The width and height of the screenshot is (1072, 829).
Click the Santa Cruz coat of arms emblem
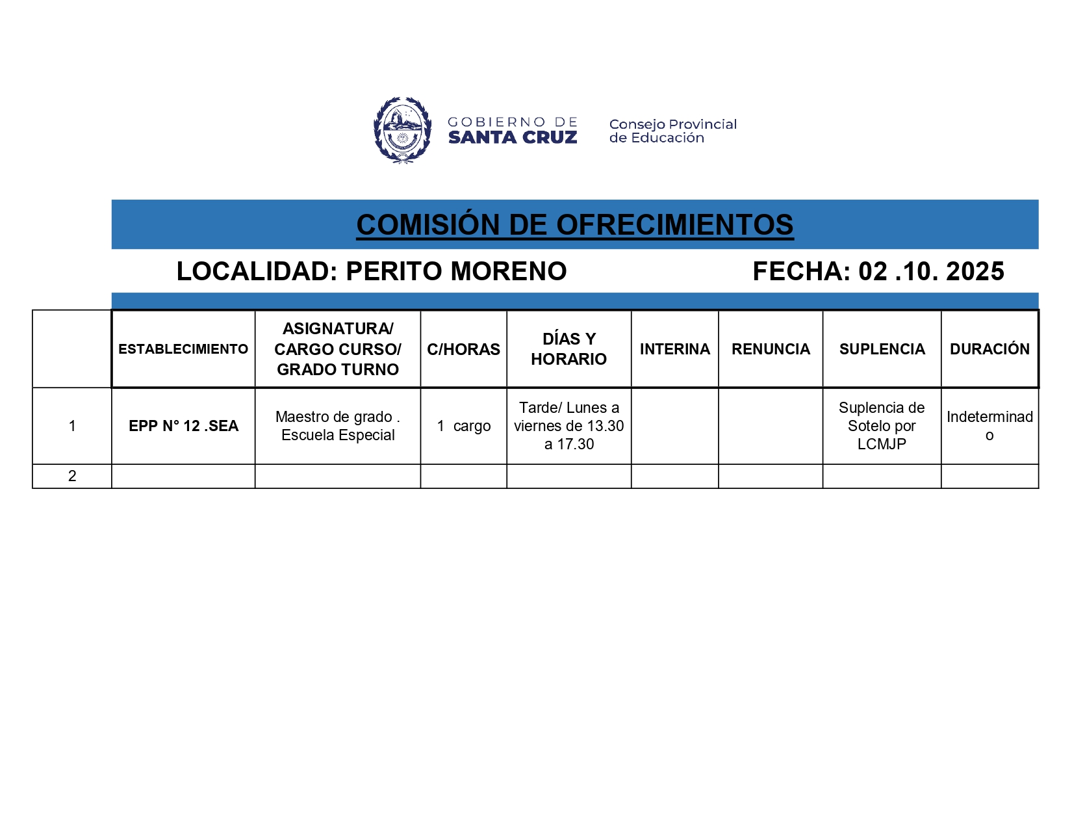403,130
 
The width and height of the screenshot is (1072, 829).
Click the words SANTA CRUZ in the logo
512,138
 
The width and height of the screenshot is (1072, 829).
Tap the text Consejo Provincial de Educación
672,131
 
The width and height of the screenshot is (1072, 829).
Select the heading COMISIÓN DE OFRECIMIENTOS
574,225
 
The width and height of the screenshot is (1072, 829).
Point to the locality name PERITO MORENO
456,272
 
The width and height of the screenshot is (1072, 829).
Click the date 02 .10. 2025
931,272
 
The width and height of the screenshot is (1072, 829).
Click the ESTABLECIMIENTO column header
183,349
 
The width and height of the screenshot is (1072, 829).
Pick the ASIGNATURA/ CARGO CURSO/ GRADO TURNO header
338,349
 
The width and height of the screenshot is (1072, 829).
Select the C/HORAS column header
463,349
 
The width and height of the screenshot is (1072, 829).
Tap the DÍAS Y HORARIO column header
568,349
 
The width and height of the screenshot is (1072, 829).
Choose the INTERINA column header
674,349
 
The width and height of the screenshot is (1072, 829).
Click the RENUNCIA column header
771,349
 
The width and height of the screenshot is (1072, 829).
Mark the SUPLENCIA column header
882,349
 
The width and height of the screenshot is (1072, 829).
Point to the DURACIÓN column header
989,349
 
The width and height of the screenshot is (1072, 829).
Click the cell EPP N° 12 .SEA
183,426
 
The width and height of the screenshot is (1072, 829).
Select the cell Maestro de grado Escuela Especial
338,426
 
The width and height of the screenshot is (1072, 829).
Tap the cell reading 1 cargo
463,426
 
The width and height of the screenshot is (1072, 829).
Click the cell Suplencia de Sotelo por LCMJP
882,426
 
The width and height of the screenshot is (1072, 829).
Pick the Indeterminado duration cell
989,426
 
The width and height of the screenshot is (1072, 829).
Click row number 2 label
72,476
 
